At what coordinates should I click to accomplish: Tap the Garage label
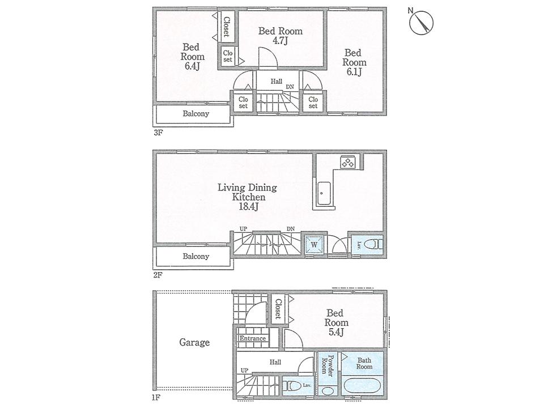pos(194,342)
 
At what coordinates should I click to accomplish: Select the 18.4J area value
pos(248,207)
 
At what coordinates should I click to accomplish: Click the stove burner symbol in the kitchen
pos(347,162)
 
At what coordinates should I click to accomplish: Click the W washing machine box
pos(313,245)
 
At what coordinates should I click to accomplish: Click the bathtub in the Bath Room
pos(363,389)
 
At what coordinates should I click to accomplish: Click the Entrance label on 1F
pos(252,339)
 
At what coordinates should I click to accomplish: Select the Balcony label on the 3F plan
pos(195,113)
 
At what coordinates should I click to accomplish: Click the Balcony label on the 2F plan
pos(195,256)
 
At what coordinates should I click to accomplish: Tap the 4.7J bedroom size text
pos(280,41)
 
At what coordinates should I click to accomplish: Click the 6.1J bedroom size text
pos(354,72)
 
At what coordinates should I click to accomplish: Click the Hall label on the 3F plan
pos(276,82)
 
